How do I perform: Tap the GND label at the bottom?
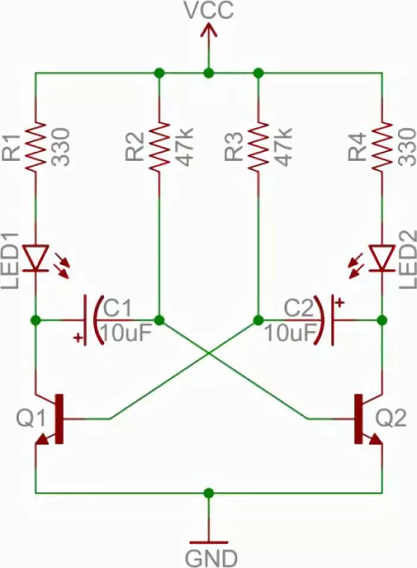(211, 557)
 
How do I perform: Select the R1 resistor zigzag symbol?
(36, 146)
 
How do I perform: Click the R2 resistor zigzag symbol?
(159, 146)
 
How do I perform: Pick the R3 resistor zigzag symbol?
(258, 146)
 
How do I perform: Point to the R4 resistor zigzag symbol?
(381, 146)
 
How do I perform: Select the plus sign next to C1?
(78, 338)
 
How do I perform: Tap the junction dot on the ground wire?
(208, 492)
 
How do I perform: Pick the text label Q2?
(391, 419)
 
